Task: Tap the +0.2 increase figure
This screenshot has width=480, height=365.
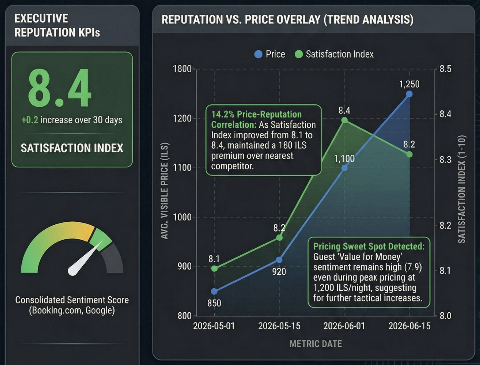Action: click(x=30, y=120)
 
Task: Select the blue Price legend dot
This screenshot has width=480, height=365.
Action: click(x=258, y=54)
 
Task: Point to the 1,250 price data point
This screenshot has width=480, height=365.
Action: click(x=409, y=94)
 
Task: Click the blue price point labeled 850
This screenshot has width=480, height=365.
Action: click(x=214, y=291)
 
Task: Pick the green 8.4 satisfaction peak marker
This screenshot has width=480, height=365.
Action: click(x=344, y=120)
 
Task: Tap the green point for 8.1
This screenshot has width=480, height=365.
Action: click(x=214, y=268)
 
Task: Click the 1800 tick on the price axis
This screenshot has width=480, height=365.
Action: click(x=182, y=69)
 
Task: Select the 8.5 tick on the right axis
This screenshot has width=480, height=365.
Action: click(x=445, y=69)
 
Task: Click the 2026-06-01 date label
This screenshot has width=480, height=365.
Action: click(x=344, y=326)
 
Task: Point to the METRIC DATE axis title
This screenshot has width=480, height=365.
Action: click(x=315, y=344)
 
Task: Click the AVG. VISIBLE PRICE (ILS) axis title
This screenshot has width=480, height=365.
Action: click(x=164, y=191)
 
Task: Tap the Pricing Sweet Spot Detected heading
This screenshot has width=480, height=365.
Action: click(x=369, y=246)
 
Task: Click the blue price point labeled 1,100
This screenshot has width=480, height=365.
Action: click(x=344, y=168)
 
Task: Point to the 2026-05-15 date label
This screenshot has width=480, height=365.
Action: click(x=279, y=326)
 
